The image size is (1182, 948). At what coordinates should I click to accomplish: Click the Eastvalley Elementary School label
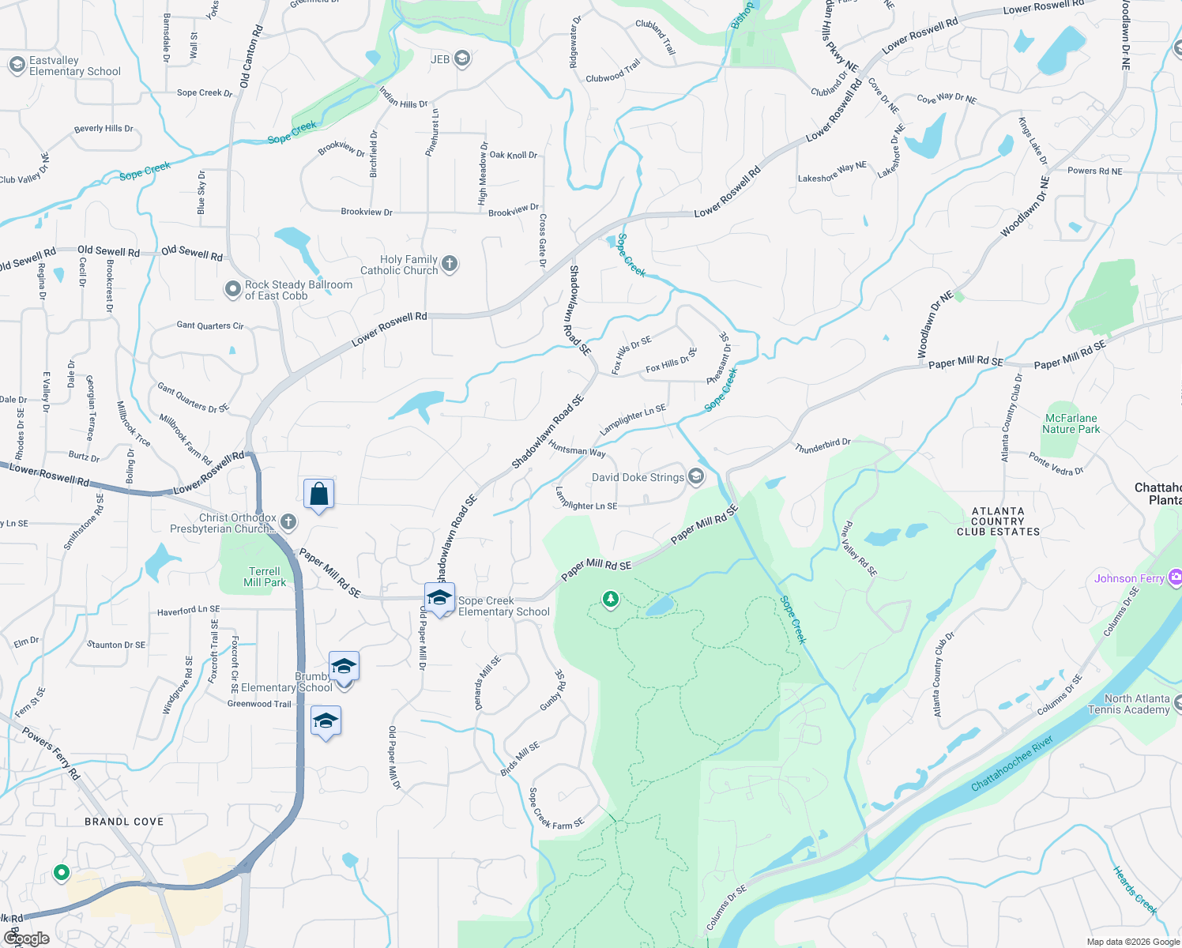pyautogui.click(x=74, y=66)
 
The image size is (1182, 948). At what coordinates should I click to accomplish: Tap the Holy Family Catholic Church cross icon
pyautogui.click(x=450, y=264)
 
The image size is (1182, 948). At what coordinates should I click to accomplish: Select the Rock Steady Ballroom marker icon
pyautogui.click(x=232, y=290)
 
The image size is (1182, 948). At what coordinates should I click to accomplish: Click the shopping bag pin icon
pyautogui.click(x=318, y=495)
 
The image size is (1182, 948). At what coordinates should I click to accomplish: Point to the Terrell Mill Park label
pyautogui.click(x=265, y=577)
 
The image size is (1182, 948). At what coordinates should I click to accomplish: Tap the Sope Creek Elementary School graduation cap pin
pyautogui.click(x=439, y=597)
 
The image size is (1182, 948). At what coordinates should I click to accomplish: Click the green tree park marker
pyautogui.click(x=610, y=600)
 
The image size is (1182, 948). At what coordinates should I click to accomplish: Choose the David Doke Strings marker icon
pyautogui.click(x=696, y=476)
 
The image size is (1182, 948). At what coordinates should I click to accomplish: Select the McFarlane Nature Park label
pyautogui.click(x=1071, y=423)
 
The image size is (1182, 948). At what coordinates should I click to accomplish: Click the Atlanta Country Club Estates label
pyautogui.click(x=998, y=521)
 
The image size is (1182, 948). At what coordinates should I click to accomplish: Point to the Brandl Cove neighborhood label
pyautogui.click(x=124, y=822)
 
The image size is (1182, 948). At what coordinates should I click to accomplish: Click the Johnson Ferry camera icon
pyautogui.click(x=1175, y=578)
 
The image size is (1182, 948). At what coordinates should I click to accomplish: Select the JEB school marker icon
pyautogui.click(x=462, y=59)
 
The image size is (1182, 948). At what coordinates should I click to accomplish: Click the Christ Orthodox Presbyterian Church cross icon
pyautogui.click(x=288, y=521)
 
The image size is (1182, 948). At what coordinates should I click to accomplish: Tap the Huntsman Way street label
pyautogui.click(x=577, y=450)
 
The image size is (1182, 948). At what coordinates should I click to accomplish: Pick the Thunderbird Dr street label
pyautogui.click(x=823, y=446)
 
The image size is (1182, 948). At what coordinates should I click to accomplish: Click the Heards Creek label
pyautogui.click(x=1135, y=890)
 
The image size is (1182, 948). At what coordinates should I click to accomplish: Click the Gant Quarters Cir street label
pyautogui.click(x=210, y=325)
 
